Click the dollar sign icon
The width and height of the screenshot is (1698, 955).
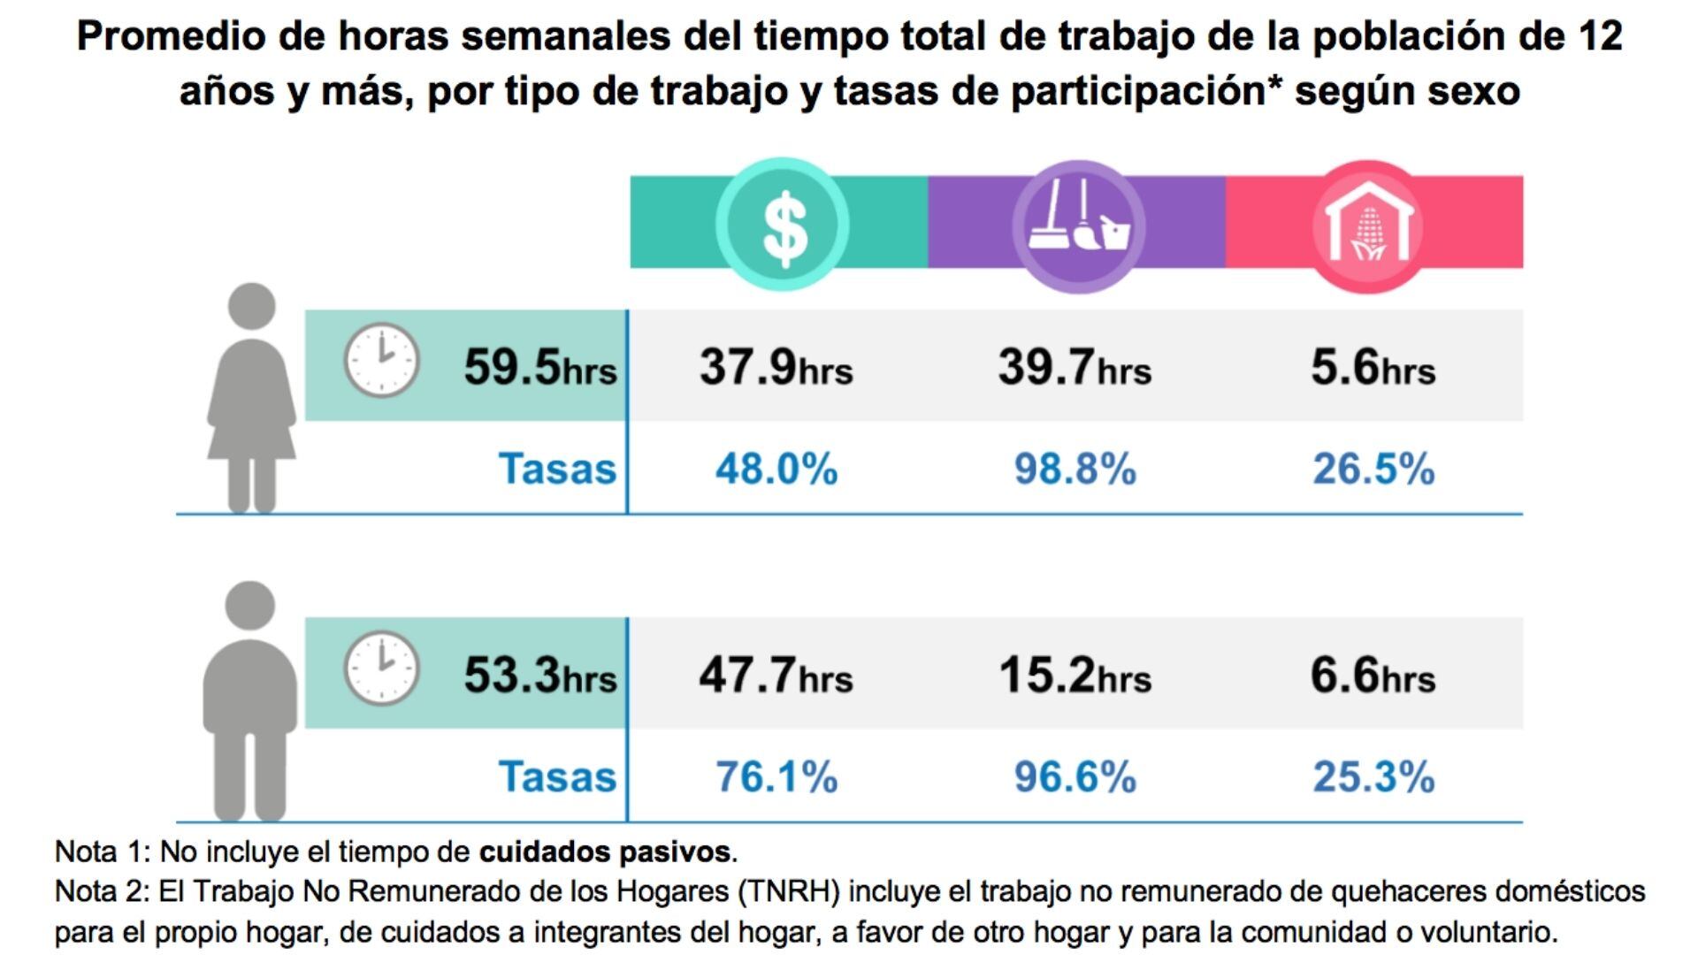point(783,225)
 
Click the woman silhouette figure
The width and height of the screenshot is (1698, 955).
point(251,398)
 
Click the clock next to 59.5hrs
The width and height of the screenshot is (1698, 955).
point(381,361)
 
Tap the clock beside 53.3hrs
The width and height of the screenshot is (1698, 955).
point(381,668)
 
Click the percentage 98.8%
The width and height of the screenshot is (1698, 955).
point(1075,469)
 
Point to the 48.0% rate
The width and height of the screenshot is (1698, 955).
point(776,469)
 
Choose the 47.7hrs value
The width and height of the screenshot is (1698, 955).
point(776,676)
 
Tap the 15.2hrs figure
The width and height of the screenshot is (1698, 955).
point(1075,676)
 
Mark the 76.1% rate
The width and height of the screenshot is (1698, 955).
point(776,777)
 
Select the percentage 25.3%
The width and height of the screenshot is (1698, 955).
point(1373,777)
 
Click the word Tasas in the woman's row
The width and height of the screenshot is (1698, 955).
point(557,469)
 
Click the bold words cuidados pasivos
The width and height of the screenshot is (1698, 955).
point(606,852)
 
